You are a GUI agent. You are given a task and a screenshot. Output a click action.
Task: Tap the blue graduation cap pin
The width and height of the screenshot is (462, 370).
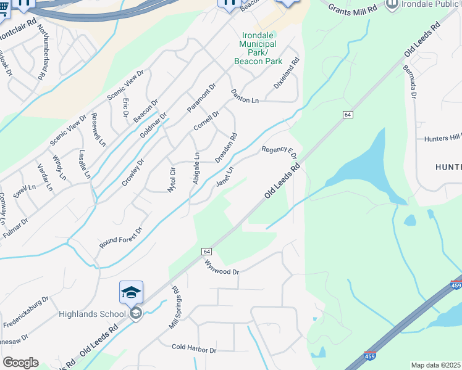131,292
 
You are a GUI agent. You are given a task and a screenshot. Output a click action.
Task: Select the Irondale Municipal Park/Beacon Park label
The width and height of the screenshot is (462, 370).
258,49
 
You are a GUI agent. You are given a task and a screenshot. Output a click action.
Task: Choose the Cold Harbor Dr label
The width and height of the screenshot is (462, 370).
194,350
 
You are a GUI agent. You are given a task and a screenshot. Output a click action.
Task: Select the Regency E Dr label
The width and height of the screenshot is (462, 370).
279,150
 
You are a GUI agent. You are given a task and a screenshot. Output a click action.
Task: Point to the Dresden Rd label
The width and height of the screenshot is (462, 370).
226,148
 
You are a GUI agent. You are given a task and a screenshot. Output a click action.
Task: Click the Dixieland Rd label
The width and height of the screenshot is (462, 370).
287,72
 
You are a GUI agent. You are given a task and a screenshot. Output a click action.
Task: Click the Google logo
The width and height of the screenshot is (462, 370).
20,363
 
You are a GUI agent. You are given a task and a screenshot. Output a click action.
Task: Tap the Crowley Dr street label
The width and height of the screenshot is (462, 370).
133,173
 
